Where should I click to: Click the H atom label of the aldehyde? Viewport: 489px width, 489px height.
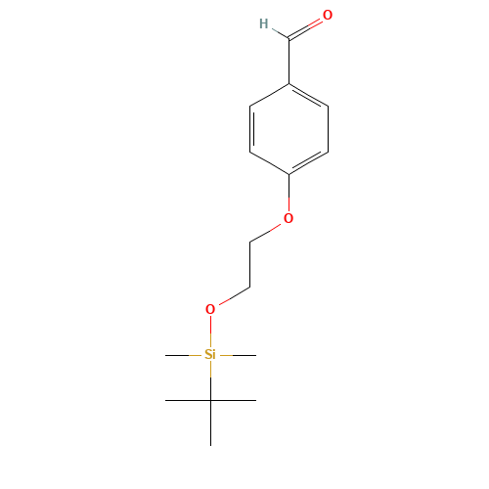click(263, 23)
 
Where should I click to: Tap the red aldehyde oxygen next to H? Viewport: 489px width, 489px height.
click(328, 15)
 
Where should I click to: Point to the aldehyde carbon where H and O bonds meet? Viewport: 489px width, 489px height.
click(289, 39)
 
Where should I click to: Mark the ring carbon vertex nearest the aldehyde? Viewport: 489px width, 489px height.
click(289, 84)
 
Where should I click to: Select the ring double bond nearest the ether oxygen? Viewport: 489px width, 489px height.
click(309, 163)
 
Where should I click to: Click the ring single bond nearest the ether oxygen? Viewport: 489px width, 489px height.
click(270, 163)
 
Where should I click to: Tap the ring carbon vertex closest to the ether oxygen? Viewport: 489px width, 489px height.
click(289, 174)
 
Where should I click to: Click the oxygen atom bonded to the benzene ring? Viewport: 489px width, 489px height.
click(289, 218)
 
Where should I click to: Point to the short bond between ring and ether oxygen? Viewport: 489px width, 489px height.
click(289, 200)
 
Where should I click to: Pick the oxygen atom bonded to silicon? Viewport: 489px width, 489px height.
click(210, 309)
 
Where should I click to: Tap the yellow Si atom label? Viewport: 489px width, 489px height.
click(210, 354)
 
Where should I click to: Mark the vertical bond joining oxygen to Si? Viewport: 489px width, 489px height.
click(210, 332)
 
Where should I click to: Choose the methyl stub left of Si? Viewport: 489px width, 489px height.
click(195, 354)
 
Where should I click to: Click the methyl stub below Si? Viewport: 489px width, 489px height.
click(210, 370)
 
